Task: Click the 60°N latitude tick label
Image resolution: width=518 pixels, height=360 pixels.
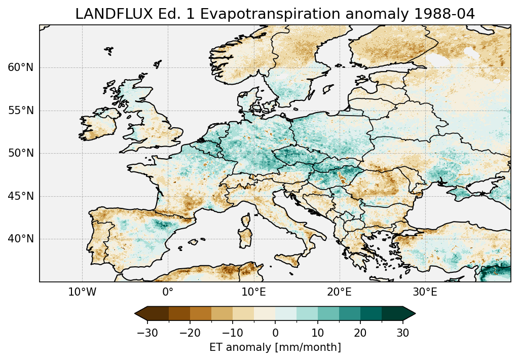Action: click(21, 67)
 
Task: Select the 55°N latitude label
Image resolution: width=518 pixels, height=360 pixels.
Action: click(21, 111)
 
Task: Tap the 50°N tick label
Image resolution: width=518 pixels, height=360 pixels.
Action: click(21, 153)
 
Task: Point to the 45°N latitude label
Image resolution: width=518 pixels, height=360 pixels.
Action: click(21, 196)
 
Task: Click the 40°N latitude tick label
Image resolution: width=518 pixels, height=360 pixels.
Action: click(21, 239)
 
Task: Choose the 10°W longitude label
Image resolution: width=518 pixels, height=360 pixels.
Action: click(82, 293)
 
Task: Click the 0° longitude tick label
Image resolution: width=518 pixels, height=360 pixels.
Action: click(168, 293)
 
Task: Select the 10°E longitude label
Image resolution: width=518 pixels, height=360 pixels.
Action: click(253, 293)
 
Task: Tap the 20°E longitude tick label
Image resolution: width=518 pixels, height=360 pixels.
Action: click(339, 293)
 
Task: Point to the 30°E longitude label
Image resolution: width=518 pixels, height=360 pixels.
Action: click(425, 293)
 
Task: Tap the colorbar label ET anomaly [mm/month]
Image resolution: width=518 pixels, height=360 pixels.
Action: click(275, 347)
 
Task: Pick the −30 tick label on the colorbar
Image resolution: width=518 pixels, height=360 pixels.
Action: click(147, 333)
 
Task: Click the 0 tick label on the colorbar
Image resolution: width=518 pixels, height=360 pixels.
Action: click(275, 333)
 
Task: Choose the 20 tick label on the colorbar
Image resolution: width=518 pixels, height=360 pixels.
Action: click(360, 333)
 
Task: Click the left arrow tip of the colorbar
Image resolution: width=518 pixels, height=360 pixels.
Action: click(136, 313)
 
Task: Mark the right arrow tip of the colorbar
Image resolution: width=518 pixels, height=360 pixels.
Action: click(415, 313)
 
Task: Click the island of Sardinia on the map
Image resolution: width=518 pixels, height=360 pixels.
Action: click(246, 239)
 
